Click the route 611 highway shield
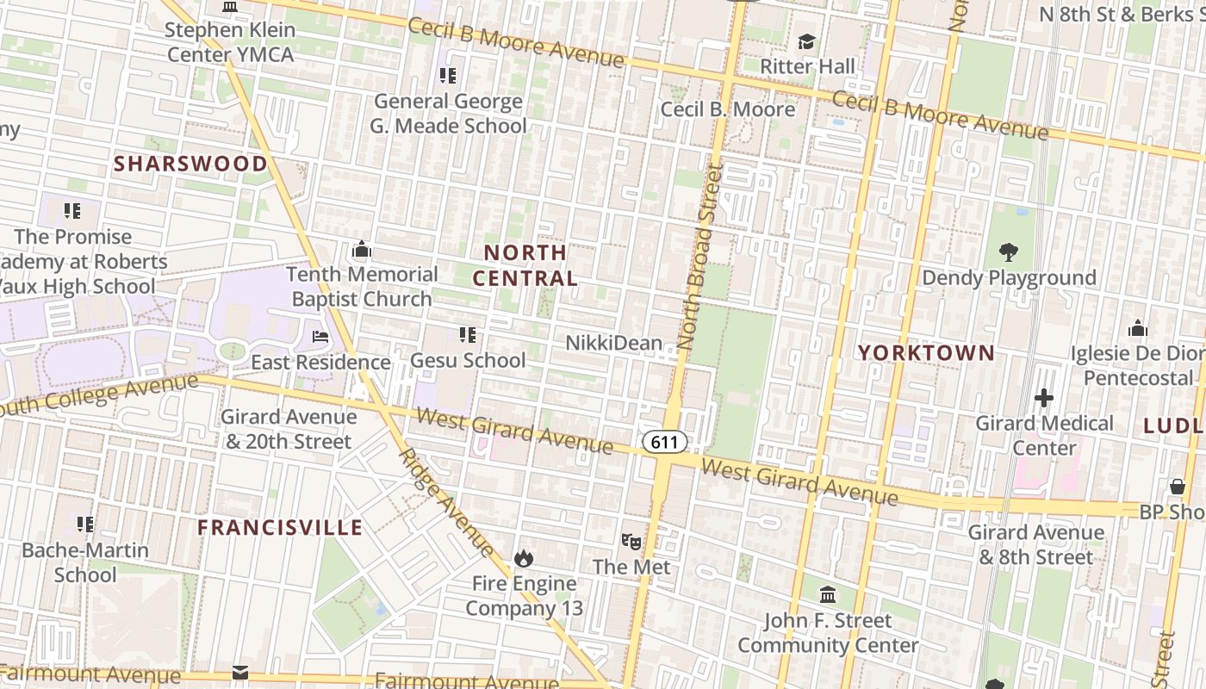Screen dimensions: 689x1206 pos(664,443)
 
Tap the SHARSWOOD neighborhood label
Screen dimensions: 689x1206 pos(190,164)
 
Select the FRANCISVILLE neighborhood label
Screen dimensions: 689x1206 pos(280,527)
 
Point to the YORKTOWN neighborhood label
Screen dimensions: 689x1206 pos(926,353)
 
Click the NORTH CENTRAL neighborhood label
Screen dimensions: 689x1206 pos(525,265)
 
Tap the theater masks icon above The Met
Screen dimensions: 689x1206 pos(631,542)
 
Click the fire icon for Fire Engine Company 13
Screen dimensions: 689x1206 pos(524,558)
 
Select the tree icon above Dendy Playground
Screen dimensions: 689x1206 pos(1009,252)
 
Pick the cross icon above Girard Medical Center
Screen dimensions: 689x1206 pos(1044,398)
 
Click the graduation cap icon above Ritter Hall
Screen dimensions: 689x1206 pos(807,41)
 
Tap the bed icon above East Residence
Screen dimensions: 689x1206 pos(320,337)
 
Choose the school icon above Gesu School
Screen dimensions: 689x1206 pos(468,334)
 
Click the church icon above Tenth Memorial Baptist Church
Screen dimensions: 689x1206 pos(362,250)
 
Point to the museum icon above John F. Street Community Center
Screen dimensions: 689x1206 pos(828,594)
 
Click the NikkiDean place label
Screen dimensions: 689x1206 pos(613,343)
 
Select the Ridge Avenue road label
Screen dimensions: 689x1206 pos(447,504)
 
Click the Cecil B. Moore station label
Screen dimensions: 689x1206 pos(728,109)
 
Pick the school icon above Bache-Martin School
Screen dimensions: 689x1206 pos(84,524)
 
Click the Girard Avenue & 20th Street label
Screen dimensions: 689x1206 pos(288,429)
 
